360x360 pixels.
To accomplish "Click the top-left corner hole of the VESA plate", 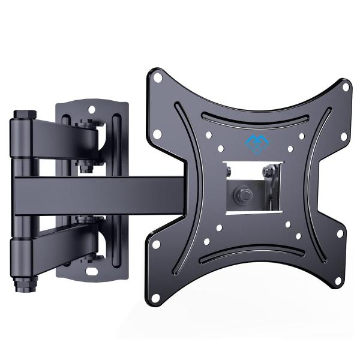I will point(157,77).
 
